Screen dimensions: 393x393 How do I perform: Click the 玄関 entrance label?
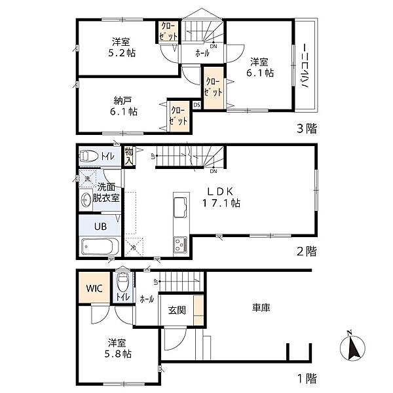[x=176, y=310]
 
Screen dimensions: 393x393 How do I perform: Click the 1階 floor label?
[x=307, y=377]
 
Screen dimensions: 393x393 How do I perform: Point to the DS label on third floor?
[x=196, y=105]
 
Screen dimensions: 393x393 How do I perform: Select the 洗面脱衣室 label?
[x=105, y=191]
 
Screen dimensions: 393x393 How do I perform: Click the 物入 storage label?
[x=129, y=156]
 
